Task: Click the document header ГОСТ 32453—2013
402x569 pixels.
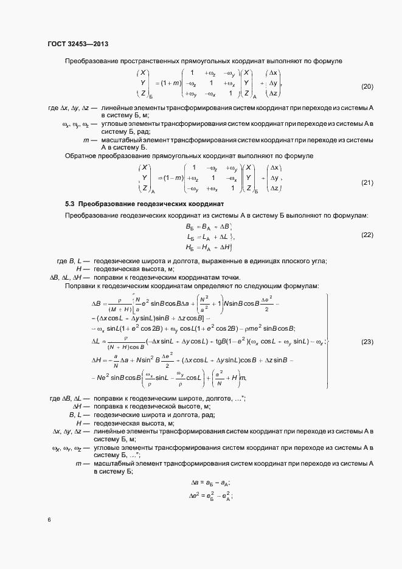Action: pyautogui.click(x=77, y=44)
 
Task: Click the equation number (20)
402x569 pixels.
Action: pyautogui.click(x=367, y=86)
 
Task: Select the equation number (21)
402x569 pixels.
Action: pyautogui.click(x=367, y=182)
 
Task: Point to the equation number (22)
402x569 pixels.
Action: pyautogui.click(x=367, y=235)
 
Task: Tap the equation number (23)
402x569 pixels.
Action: pyautogui.click(x=367, y=342)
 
